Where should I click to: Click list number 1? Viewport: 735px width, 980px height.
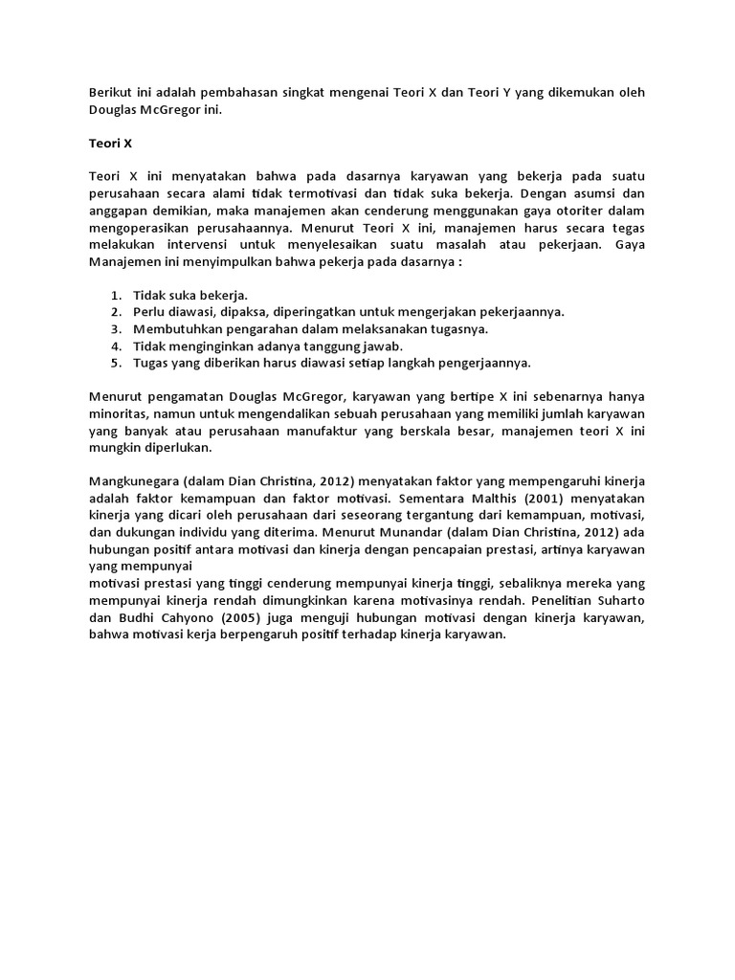115,295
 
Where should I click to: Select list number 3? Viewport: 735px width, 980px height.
115,329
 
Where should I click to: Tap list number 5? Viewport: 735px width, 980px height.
115,364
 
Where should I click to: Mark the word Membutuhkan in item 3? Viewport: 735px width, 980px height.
177,329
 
